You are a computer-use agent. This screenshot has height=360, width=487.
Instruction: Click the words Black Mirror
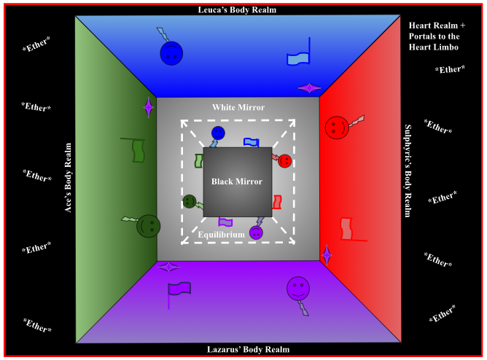click(x=237, y=181)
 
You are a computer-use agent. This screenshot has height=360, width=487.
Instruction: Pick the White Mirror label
click(x=238, y=107)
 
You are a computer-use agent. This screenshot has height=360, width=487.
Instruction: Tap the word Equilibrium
click(x=222, y=235)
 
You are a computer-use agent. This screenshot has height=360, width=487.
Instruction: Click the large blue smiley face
click(x=171, y=52)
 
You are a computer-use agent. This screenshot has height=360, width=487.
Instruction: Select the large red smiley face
click(x=336, y=128)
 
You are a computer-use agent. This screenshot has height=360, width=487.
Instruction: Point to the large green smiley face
click(x=148, y=224)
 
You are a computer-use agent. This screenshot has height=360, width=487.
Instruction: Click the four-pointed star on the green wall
click(x=149, y=108)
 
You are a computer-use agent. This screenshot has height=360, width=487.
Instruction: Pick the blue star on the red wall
click(x=327, y=254)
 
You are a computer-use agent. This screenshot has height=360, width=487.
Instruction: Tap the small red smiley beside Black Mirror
click(x=284, y=160)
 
